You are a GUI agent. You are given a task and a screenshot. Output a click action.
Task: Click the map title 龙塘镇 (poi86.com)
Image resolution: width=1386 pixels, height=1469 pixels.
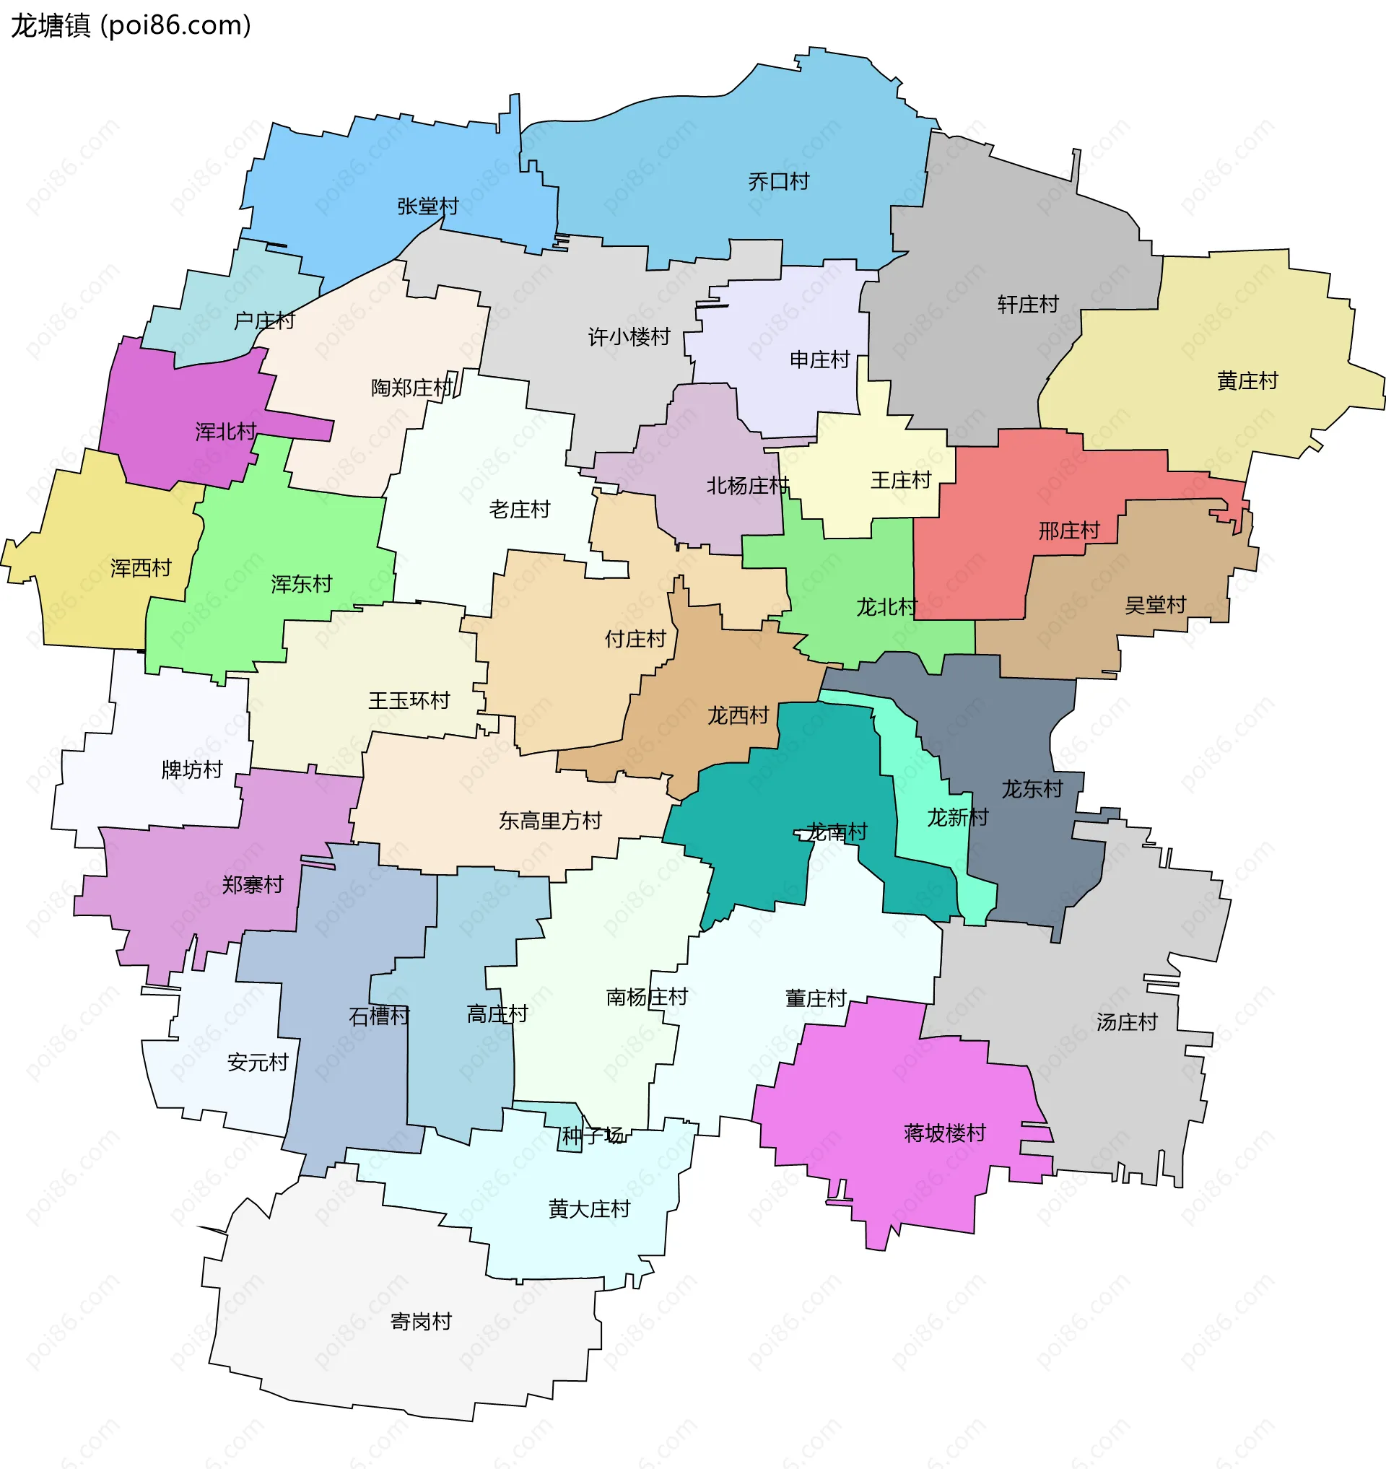[x=131, y=26]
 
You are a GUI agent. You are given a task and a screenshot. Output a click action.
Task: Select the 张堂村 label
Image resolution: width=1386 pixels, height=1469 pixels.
[x=428, y=206]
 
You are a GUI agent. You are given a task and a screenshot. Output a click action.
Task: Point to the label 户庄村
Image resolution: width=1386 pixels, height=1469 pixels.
[x=263, y=321]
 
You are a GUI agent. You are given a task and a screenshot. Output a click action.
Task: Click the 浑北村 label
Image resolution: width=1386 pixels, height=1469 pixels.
[x=225, y=432]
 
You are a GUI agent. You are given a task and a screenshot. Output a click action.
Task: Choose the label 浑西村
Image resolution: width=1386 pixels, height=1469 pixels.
[x=140, y=567]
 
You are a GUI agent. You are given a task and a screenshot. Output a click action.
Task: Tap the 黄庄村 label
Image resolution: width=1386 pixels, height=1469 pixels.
[x=1247, y=380]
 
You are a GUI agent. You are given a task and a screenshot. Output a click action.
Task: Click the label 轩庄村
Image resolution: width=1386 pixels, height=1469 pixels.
[x=1028, y=304]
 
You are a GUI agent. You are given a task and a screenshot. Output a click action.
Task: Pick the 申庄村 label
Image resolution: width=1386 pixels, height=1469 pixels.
[x=819, y=360]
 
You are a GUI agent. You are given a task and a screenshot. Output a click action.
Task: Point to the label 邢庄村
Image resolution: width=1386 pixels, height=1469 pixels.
[x=1068, y=530]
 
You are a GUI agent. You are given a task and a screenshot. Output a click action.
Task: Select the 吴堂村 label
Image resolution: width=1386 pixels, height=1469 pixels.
[x=1155, y=604]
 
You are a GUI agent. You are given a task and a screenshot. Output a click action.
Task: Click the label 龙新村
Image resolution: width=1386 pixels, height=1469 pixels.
[x=956, y=817]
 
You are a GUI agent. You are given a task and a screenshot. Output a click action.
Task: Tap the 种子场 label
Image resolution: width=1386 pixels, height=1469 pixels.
[x=592, y=1135]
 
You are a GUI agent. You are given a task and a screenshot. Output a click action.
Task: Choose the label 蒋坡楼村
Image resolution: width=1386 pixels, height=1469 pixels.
[x=944, y=1133]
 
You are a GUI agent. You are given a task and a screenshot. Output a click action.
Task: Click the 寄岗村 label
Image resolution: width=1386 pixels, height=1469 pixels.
[x=420, y=1321]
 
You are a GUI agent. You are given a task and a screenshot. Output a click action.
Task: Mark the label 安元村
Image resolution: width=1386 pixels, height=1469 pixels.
[x=257, y=1063]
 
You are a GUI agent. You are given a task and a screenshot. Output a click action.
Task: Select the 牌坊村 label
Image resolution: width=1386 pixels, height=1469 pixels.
[x=191, y=770]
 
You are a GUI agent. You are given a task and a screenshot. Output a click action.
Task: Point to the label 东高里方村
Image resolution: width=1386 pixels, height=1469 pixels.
[x=549, y=820]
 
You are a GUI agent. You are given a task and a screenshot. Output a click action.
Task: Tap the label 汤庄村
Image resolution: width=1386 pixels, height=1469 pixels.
[x=1126, y=1022]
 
